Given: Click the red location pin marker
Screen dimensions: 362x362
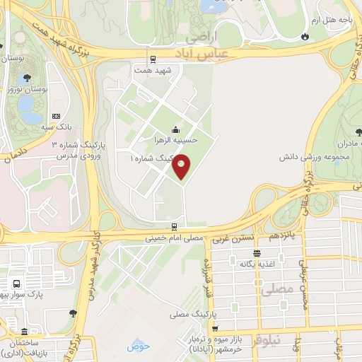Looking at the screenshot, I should tap(182, 168).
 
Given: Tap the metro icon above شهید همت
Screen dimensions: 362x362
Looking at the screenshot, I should tap(153, 59).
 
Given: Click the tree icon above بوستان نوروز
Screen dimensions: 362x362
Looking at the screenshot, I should tap(27, 77).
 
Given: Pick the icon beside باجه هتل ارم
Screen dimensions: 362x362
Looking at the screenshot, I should tap(305, 36).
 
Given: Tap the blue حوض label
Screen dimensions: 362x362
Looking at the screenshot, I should tap(139, 346).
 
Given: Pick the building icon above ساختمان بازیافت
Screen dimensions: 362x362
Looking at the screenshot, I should tap(25, 332).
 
